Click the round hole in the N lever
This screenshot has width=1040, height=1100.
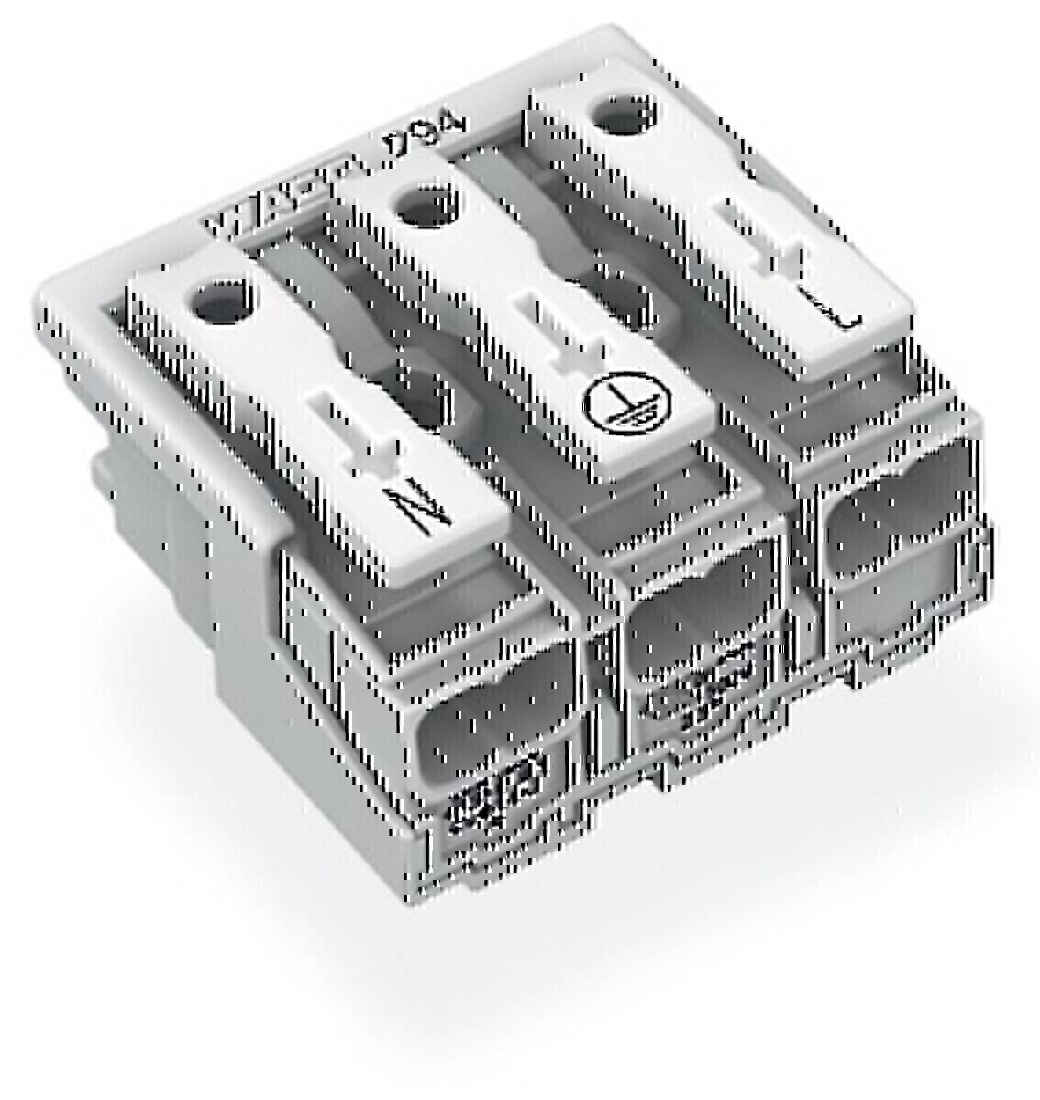pyautogui.click(x=218, y=298)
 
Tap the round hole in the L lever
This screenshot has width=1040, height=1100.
pyautogui.click(x=624, y=116)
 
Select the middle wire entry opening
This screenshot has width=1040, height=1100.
pyautogui.click(x=702, y=604)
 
